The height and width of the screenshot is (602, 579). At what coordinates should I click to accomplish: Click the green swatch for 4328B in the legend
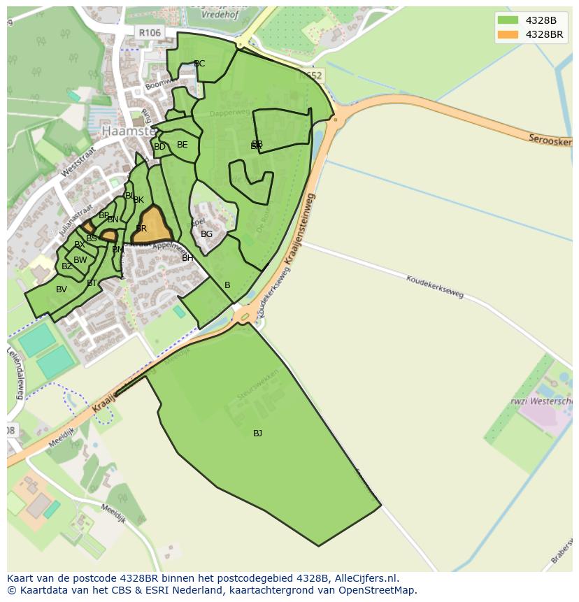click(508, 20)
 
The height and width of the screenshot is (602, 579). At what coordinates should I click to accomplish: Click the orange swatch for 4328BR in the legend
click(508, 34)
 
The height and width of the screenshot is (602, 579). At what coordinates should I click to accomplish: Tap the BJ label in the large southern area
click(257, 433)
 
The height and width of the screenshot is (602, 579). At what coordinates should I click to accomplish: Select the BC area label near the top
click(199, 64)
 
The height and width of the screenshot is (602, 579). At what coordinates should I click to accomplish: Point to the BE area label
click(183, 145)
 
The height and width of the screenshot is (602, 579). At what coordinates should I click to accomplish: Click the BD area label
click(159, 147)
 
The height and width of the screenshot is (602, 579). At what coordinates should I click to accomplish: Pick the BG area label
click(206, 234)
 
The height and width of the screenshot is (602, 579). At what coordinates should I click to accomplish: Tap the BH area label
click(187, 258)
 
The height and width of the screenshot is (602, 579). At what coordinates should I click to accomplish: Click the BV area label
click(62, 289)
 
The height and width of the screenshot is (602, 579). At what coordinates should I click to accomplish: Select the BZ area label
click(67, 266)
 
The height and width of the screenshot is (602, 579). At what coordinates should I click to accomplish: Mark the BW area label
click(80, 260)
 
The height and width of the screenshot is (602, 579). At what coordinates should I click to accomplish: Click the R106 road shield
click(150, 33)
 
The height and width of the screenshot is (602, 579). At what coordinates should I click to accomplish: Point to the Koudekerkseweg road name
click(435, 286)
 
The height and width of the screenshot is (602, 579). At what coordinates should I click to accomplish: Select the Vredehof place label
click(218, 14)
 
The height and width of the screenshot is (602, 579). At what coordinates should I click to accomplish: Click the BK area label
click(138, 200)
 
